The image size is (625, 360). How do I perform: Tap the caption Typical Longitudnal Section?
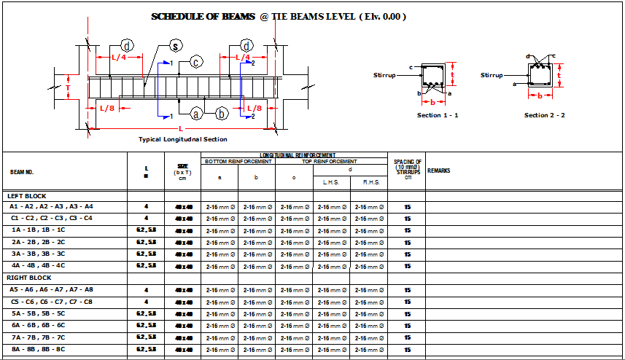tap(182, 139)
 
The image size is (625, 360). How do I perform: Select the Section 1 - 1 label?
tap(438, 115)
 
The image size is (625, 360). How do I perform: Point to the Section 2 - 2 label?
tap(544, 115)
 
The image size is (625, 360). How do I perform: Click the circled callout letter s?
tap(175, 47)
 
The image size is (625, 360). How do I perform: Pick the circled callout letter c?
tap(196, 62)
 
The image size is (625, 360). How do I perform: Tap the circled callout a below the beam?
tap(196, 114)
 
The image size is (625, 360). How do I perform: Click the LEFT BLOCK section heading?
tap(26, 195)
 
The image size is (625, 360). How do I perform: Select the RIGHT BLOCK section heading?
tap(28, 278)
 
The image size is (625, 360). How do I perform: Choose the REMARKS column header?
tap(438, 171)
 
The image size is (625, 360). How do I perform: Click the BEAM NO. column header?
tap(22, 173)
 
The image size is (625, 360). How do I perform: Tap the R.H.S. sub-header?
tap(369, 182)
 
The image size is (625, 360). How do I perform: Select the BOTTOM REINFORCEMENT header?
tap(238, 161)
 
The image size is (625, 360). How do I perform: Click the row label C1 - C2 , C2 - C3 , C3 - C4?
tap(52, 218)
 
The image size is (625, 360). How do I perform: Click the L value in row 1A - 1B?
tap(146, 230)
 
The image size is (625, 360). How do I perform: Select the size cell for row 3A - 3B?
tap(182, 254)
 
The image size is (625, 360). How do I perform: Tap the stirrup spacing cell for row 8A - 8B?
tap(407, 350)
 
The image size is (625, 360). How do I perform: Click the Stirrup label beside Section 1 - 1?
tap(385, 75)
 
